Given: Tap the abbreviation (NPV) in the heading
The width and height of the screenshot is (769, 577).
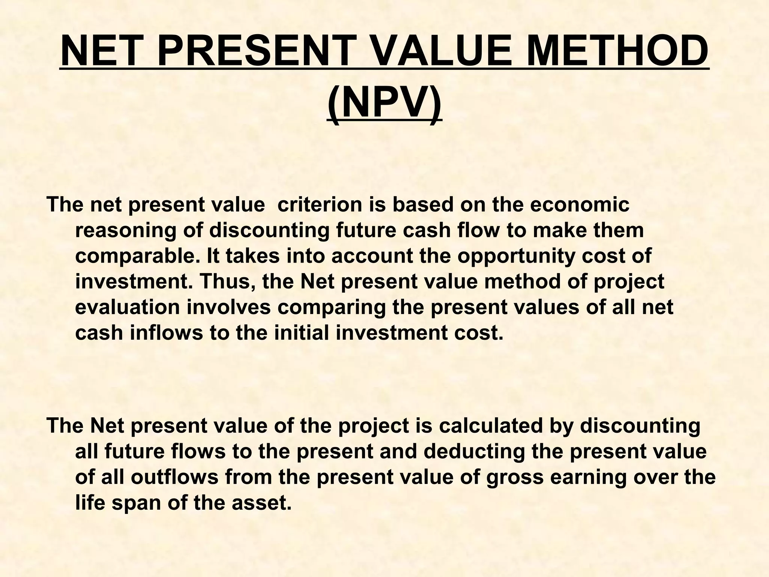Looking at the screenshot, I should point(384,103).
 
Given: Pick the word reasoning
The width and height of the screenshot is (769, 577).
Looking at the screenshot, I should point(126,230).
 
